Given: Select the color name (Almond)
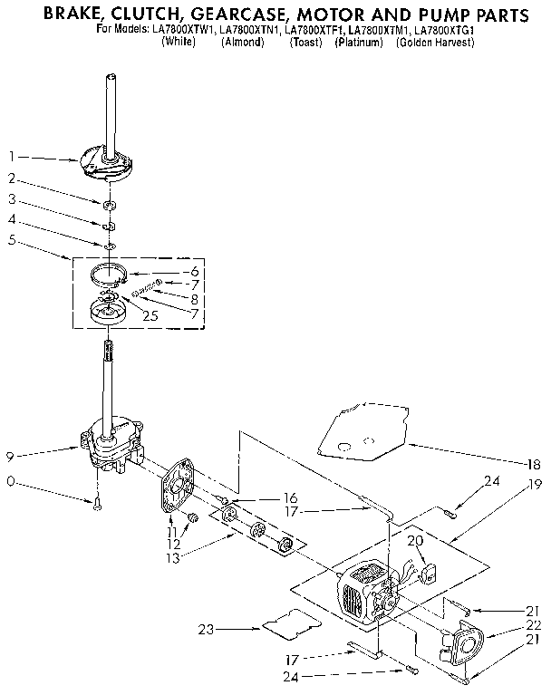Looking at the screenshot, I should point(242,43).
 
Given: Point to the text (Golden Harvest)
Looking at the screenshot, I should point(435,43).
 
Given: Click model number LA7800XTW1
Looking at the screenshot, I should point(188,31).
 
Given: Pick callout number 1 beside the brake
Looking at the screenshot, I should point(12,156).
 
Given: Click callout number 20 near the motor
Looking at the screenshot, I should point(416,541).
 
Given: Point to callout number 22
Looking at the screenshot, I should point(534,626).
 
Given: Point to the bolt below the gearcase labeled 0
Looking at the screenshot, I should point(97,503).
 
